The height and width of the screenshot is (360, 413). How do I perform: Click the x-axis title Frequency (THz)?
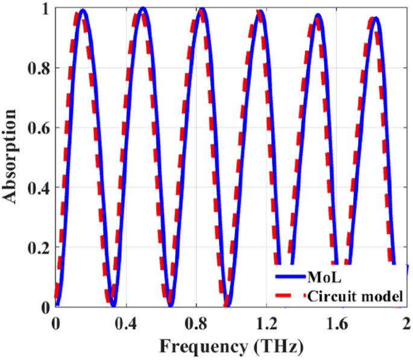[x=232, y=347]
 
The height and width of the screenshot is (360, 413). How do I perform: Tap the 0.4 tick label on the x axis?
[x=125, y=326]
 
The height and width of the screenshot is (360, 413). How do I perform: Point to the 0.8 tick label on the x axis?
[x=196, y=326]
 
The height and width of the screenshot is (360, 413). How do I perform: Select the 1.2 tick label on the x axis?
[x=266, y=326]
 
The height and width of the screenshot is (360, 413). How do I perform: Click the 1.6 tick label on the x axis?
[x=337, y=326]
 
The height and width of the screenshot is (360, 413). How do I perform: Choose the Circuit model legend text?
[x=354, y=296]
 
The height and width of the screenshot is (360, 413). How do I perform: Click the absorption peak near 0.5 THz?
[x=143, y=8]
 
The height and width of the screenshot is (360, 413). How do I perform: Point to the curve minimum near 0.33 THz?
[x=113, y=305]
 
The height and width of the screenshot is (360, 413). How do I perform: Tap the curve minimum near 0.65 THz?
[x=171, y=305]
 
